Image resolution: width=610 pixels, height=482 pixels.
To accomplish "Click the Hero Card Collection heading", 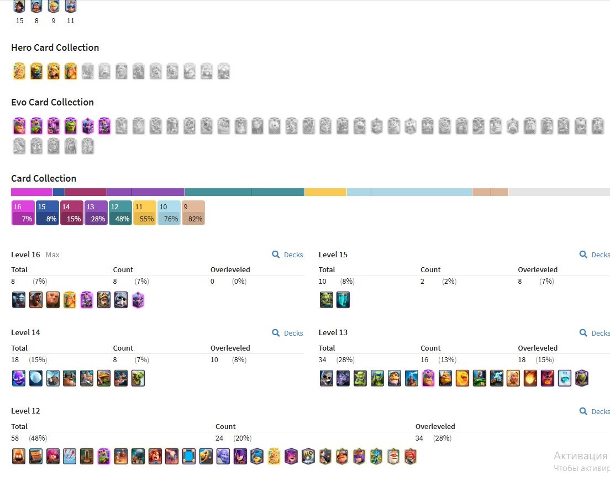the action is coord(55,47).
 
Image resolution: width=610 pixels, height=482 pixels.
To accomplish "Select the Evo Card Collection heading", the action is coord(52,102).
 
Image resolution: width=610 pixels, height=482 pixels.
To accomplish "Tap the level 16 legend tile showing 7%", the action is coord(23,213).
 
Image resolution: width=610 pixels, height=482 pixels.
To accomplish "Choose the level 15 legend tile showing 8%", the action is coord(47,213).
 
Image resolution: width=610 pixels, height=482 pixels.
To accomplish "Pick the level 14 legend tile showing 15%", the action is coord(72,213).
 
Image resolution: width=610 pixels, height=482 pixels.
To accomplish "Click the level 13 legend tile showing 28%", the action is coord(96,213).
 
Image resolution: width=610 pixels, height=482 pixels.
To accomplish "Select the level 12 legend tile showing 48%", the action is coord(120,213).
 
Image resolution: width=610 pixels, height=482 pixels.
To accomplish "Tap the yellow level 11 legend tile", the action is coord(144,213).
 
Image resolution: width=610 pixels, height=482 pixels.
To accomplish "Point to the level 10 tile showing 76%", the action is coord(169,213).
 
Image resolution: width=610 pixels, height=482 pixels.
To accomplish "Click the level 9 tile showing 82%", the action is coord(193,213).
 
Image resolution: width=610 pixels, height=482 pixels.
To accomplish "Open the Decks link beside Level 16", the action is coord(287,255).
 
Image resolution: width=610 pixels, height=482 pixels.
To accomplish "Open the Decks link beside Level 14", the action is coord(287,333).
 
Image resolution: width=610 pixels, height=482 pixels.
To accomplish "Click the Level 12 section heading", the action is coord(25,411).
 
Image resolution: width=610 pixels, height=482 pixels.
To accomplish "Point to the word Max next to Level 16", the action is coord(52,255).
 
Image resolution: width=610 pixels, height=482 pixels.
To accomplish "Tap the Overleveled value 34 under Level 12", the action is coord(419,438).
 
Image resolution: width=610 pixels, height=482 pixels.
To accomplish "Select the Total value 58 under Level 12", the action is coord(15,438).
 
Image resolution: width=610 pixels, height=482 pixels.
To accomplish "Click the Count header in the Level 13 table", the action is coord(430,348).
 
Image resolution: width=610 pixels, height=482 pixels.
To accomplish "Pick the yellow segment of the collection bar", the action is coord(325,192).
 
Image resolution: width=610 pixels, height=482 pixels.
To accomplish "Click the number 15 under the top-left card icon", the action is coord(19,21).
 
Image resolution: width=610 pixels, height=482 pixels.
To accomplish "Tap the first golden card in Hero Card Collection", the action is coord(19,72).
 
